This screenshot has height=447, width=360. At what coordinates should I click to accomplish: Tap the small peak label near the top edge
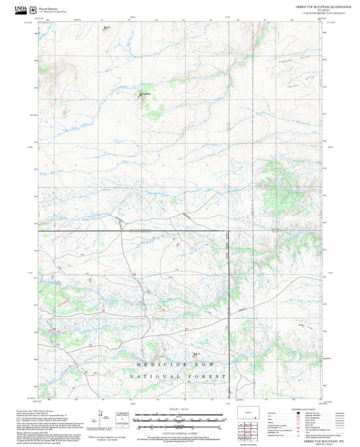point(107,28)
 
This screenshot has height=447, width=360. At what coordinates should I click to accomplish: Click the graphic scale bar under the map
point(180,418)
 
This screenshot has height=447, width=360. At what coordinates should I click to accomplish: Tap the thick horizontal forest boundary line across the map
point(135,232)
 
